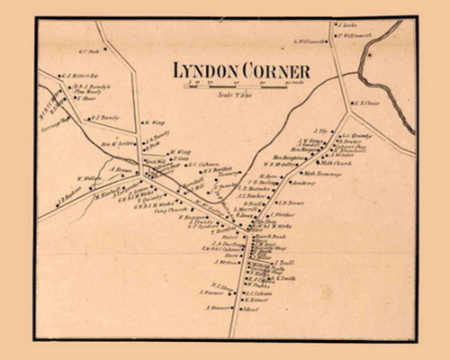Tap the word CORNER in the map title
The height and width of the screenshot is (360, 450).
click(x=279, y=71)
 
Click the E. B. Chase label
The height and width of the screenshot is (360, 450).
click(x=366, y=103)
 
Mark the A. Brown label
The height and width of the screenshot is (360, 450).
click(x=121, y=168)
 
